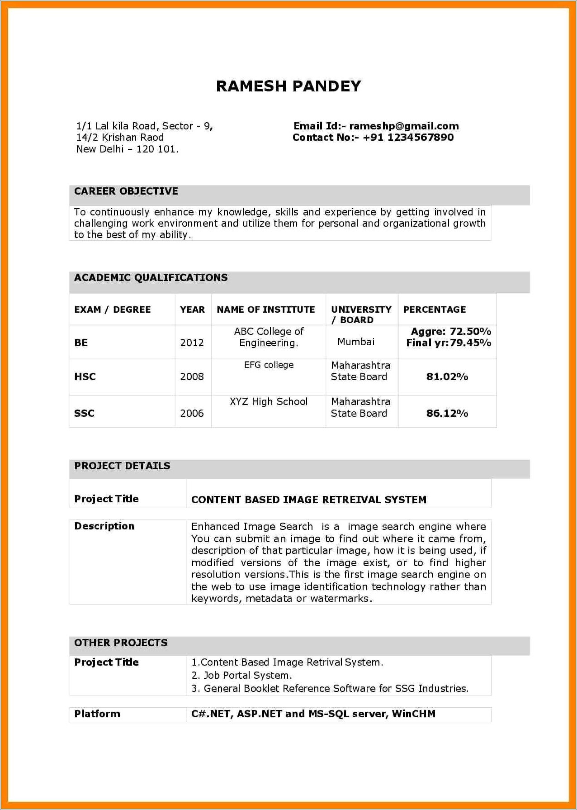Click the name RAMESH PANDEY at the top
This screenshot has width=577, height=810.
coord(288,86)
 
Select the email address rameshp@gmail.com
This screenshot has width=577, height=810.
coord(404,126)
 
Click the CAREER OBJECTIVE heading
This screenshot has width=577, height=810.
coord(126,191)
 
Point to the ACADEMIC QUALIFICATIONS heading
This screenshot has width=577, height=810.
coord(151,278)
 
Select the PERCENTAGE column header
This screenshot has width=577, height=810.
coord(435,310)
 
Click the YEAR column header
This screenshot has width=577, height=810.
coord(192,310)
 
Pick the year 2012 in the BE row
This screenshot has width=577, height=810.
coord(192,343)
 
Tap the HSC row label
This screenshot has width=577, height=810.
coord(85,376)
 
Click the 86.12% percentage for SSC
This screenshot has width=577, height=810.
coord(447,413)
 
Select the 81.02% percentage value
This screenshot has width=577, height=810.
coord(447,376)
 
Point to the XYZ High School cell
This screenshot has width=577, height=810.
coord(269,402)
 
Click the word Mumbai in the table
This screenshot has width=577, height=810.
coord(356,342)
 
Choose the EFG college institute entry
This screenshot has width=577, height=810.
coord(269,365)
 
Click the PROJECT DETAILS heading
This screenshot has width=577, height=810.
coord(122,466)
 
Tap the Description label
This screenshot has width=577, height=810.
coord(104,526)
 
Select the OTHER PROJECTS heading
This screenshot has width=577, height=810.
coord(121,643)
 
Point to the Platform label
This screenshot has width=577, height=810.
coord(97,714)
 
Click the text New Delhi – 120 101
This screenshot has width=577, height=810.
coord(127,149)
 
